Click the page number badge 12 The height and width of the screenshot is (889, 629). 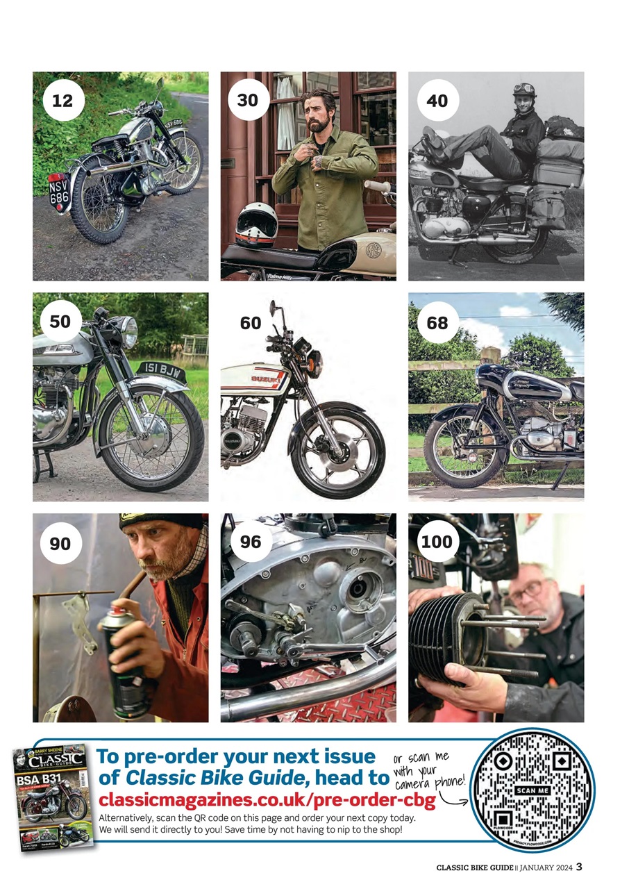(62, 101)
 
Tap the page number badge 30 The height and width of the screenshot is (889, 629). (248, 101)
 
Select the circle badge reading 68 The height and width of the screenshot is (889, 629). (437, 323)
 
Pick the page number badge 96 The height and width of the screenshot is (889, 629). (250, 542)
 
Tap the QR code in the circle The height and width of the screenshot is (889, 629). (533, 791)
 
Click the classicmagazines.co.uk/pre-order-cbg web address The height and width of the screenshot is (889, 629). (267, 801)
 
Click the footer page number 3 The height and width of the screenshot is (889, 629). (578, 866)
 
